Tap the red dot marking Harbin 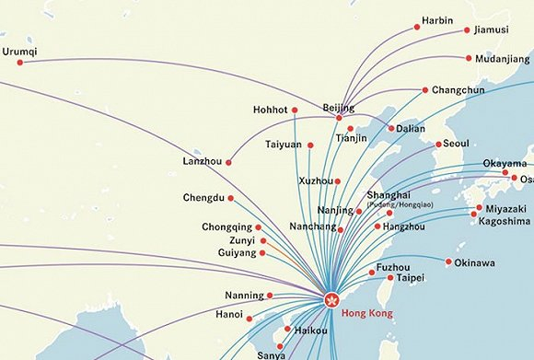416,27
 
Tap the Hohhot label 271,110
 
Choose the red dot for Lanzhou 228,163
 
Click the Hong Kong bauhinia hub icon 332,298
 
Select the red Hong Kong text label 366,314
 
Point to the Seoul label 456,144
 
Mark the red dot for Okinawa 448,262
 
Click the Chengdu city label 203,198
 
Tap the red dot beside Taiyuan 311,145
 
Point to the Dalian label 411,129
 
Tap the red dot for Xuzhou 338,181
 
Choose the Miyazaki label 505,209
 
